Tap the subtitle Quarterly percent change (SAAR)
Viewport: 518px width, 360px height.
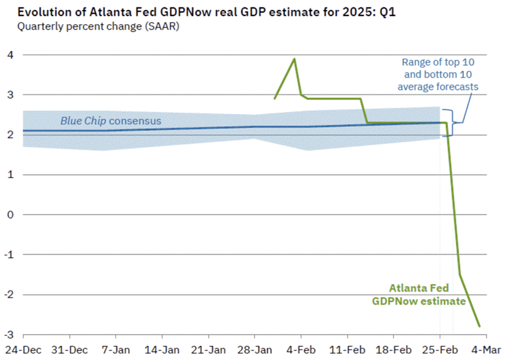point(98,27)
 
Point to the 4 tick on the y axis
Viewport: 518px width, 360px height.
point(8,55)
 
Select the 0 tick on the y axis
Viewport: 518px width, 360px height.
point(8,215)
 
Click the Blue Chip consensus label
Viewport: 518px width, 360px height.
point(110,121)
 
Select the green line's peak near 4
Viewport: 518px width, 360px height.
point(294,59)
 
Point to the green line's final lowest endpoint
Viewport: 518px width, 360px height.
point(479,326)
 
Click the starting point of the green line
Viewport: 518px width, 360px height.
point(275,99)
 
